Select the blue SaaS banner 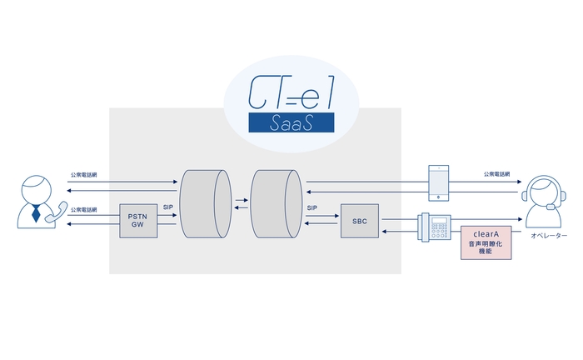291,123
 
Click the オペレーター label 548,237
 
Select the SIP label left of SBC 312,207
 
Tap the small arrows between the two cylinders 240,204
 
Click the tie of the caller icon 36,213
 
